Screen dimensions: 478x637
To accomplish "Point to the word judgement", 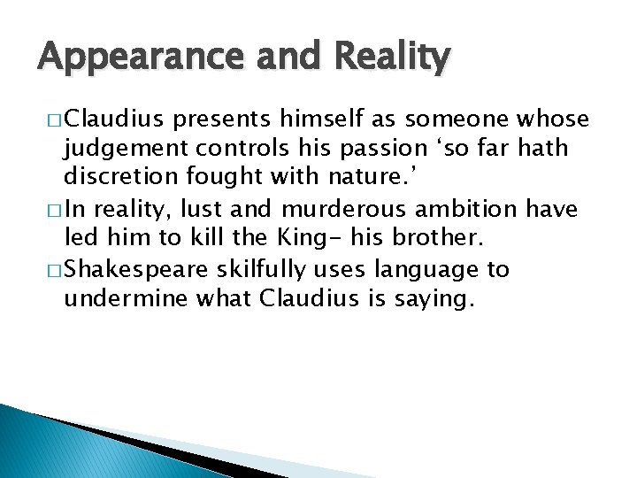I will [x=119, y=148].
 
